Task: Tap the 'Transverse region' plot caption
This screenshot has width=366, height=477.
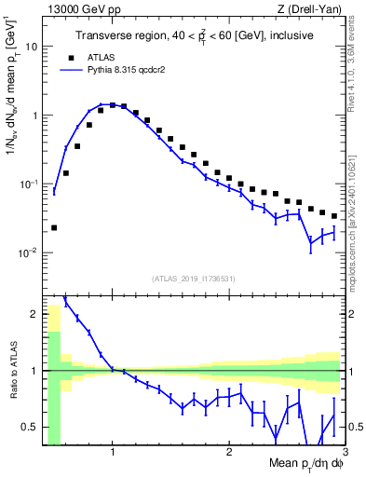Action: [x=195, y=36]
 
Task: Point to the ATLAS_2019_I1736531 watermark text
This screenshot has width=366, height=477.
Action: [x=195, y=279]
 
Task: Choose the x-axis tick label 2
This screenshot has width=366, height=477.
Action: [x=229, y=454]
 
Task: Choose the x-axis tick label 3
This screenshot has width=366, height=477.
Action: [x=345, y=454]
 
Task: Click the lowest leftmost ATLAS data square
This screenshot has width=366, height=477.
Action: [x=54, y=227]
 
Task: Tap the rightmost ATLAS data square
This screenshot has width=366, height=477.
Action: [x=333, y=216]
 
